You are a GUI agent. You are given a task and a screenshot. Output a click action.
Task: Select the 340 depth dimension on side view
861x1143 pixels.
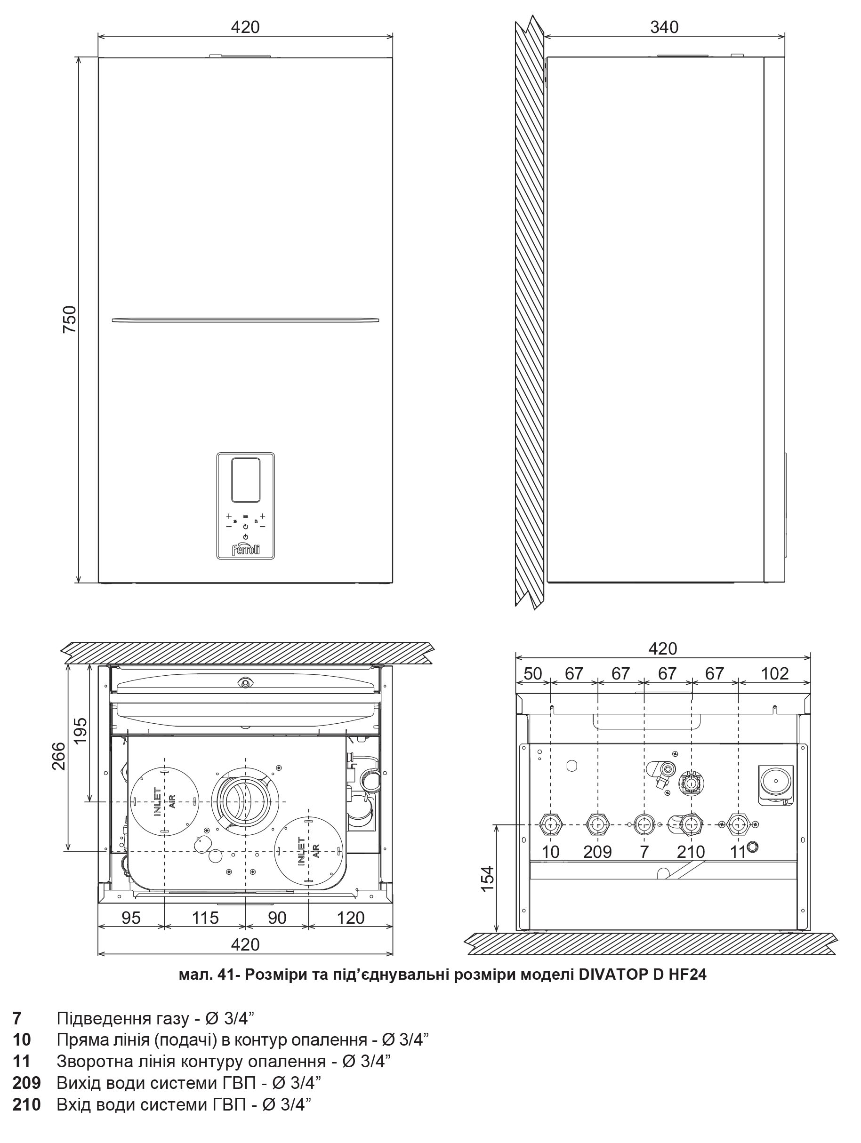(x=664, y=26)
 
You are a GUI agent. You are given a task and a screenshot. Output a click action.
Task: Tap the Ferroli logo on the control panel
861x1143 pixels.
(x=245, y=549)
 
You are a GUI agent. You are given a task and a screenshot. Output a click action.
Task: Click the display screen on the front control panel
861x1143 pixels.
(x=245, y=479)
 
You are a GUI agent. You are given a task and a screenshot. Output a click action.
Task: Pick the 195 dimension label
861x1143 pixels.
(x=80, y=731)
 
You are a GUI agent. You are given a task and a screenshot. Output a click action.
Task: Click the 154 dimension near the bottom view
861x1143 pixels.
(x=487, y=878)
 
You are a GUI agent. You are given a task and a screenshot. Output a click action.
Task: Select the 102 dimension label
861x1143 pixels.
(x=775, y=674)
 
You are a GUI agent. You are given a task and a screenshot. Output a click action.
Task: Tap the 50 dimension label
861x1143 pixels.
(x=533, y=674)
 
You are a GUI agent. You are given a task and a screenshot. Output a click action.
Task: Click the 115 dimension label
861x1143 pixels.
(x=205, y=918)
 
